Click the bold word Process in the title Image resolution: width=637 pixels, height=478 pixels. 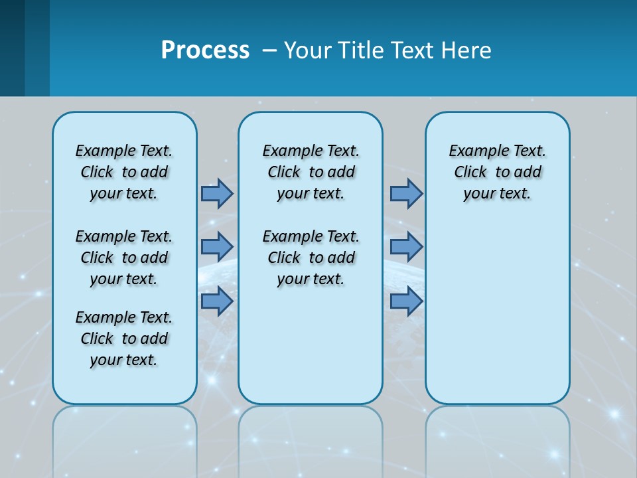point(205,50)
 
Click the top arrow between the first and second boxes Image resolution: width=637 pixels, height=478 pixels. point(217,193)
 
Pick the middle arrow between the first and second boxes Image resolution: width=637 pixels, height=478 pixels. point(217,246)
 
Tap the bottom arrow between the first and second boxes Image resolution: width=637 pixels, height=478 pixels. point(217,301)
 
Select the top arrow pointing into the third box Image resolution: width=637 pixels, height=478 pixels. point(406,193)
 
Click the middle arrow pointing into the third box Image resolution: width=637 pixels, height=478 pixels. point(406,246)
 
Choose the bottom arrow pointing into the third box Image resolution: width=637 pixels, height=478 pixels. point(406,301)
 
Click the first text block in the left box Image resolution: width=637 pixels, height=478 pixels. point(124,172)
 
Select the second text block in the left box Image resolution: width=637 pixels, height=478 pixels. point(124,258)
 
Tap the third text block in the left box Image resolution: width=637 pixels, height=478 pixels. point(124,339)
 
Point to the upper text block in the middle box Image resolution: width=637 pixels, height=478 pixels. point(311,172)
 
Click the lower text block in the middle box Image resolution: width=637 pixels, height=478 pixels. point(311,258)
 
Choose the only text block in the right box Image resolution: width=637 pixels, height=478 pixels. point(498,172)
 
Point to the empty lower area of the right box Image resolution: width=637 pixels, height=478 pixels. point(498,312)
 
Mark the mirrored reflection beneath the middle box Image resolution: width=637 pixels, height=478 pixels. point(311,438)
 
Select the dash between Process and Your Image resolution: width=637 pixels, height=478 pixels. point(269,50)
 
